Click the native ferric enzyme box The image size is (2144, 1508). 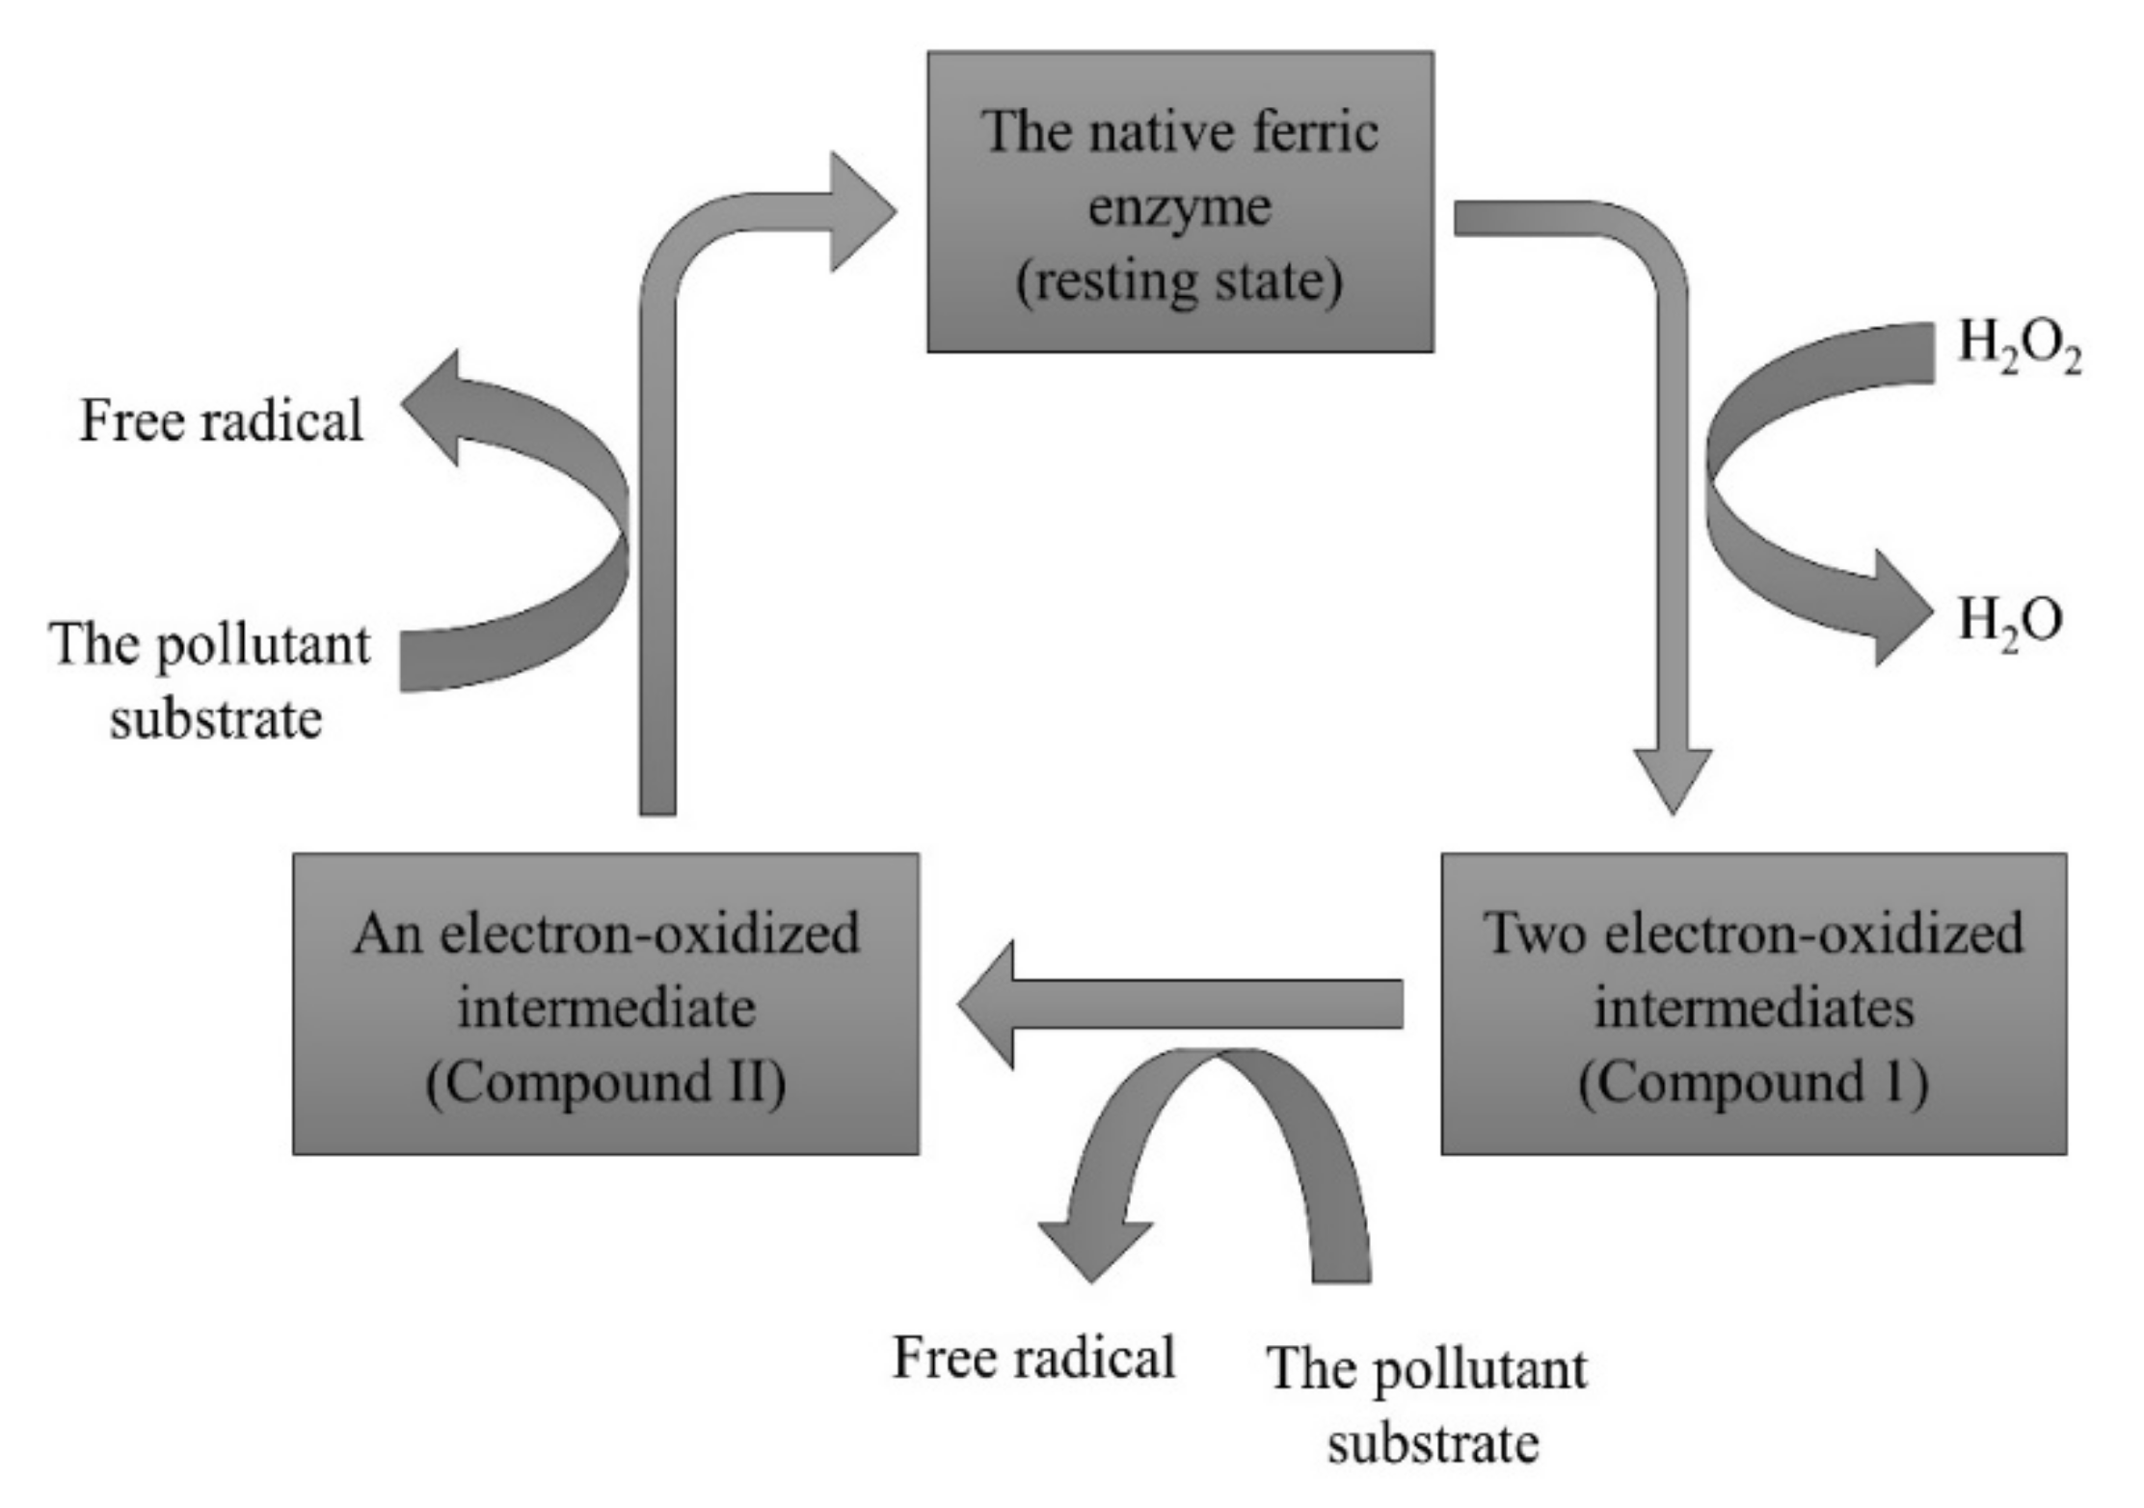(1180, 202)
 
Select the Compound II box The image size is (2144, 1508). (605, 1003)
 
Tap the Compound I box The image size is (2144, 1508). (1753, 1003)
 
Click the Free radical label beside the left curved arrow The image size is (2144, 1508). (221, 421)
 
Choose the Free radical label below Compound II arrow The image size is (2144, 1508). (1033, 1358)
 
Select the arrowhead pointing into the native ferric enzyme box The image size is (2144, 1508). (860, 211)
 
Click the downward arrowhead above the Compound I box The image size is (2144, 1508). (1673, 777)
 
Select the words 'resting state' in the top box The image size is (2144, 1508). (1180, 282)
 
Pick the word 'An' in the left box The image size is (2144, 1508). (388, 933)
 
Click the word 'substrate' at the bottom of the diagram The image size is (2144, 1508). (1433, 1444)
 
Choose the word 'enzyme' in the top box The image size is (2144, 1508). (1180, 208)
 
